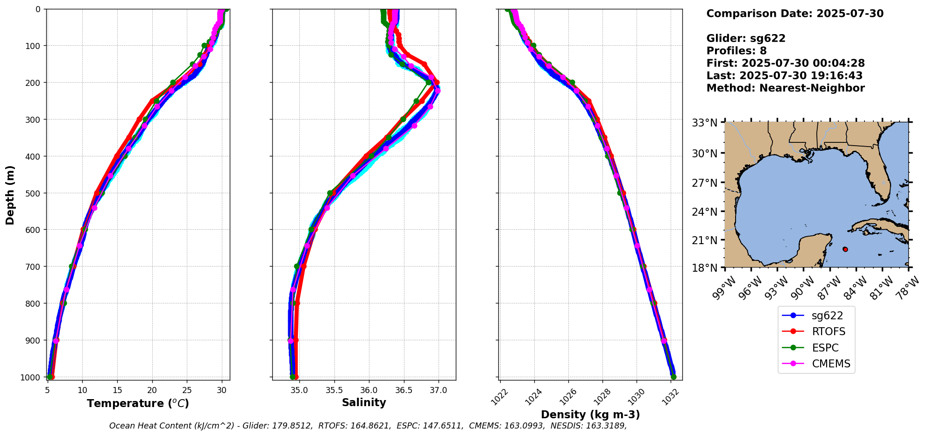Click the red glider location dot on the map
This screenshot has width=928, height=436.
[845, 249]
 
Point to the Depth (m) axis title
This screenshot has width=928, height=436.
[10, 195]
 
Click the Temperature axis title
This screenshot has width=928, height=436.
[138, 403]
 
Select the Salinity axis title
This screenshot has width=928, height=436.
[364, 403]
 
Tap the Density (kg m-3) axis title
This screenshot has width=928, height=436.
[590, 415]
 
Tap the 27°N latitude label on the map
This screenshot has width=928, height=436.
[705, 183]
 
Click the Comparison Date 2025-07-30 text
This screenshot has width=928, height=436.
[795, 14]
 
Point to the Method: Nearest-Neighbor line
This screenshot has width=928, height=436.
[786, 88]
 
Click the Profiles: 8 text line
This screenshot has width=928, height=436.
[737, 51]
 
